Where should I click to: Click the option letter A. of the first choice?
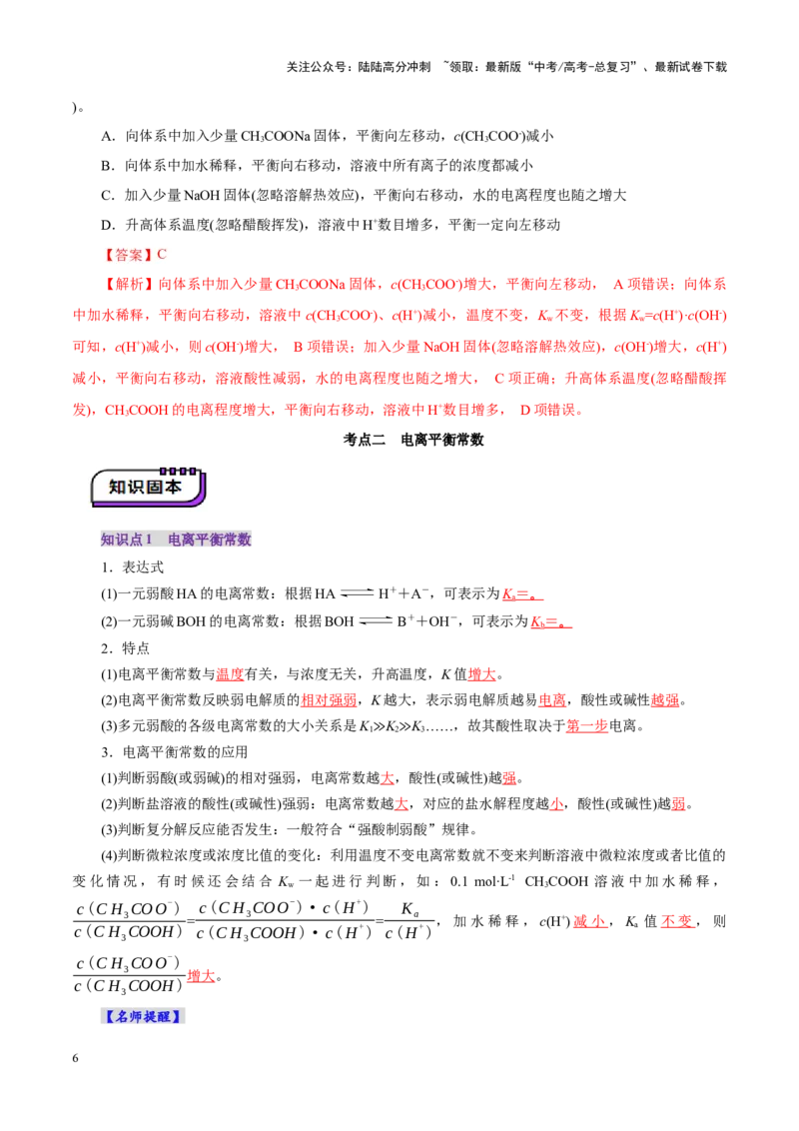(108, 136)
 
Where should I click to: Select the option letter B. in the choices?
(108, 166)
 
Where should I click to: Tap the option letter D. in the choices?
(108, 225)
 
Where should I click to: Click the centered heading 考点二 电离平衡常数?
(412, 440)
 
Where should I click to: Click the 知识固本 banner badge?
(149, 487)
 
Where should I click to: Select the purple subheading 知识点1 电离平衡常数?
(175, 540)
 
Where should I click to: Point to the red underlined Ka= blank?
(522, 594)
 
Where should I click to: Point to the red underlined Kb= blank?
(551, 621)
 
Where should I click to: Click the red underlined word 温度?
(230, 674)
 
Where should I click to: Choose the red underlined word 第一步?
(587, 726)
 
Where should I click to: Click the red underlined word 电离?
(552, 700)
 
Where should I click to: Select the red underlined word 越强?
(665, 700)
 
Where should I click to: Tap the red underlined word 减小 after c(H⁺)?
(590, 922)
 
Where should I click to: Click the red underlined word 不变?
(678, 922)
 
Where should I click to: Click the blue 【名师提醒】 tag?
(143, 1016)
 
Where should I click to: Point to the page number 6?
(75, 1058)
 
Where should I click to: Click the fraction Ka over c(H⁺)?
(408, 921)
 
